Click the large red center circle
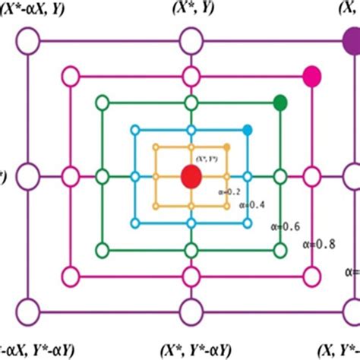pos(191,177)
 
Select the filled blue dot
pos(248,131)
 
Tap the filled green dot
pos(279,102)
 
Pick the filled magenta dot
pos(311,75)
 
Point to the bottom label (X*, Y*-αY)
pos(191,349)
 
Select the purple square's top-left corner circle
pos(27,40)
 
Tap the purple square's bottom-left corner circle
pos(27,311)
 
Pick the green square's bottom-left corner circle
pos(101,249)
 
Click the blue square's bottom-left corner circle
pos(134,223)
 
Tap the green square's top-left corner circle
pos(101,102)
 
